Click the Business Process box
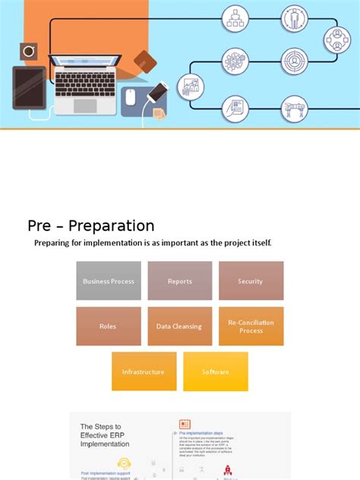[109, 281]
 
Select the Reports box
[180, 281]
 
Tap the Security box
[251, 281]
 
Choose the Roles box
[109, 327]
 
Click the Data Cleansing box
[180, 327]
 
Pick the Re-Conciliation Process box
[251, 327]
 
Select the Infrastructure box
[144, 371]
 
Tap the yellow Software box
[215, 371]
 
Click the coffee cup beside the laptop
[29, 52]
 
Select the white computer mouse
[130, 96]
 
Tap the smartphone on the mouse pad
[156, 93]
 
